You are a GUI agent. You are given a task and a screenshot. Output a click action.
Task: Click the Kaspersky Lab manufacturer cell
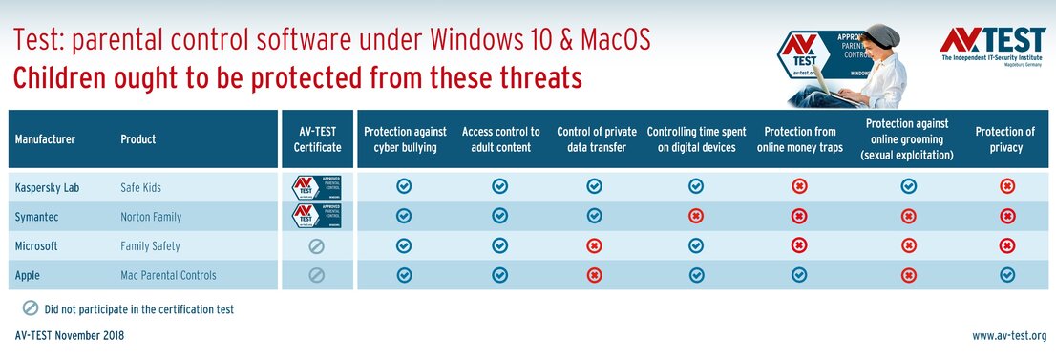coord(47,187)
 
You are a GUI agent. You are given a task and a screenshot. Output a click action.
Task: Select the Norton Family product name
coord(151,217)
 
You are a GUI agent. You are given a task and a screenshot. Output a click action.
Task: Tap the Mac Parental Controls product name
coord(168,275)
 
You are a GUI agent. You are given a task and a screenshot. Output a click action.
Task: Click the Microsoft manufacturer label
coord(36,245)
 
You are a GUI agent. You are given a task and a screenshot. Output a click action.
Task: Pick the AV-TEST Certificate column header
coord(317,139)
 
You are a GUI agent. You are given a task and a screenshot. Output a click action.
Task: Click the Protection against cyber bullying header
coord(404,139)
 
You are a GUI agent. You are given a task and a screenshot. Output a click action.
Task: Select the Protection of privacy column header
coord(1004,139)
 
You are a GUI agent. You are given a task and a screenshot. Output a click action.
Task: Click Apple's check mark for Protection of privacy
coord(1006,275)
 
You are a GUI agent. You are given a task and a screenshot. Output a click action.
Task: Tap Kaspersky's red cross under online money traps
coord(799,187)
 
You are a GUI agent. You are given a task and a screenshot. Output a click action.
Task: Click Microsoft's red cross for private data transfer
coord(594,245)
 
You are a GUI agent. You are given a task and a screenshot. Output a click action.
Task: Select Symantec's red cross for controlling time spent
coord(696,217)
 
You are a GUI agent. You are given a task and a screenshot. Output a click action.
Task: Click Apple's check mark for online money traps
coord(799,275)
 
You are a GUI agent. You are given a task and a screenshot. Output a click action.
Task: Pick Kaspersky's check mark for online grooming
coord(908,187)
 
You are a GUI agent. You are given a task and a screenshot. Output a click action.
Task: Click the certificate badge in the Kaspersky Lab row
coord(317,187)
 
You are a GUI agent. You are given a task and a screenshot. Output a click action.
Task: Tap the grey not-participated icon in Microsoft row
coord(317,245)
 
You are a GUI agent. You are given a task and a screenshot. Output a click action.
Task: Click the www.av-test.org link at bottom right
coord(1009,336)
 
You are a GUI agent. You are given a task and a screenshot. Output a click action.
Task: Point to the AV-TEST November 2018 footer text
coord(70,336)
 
